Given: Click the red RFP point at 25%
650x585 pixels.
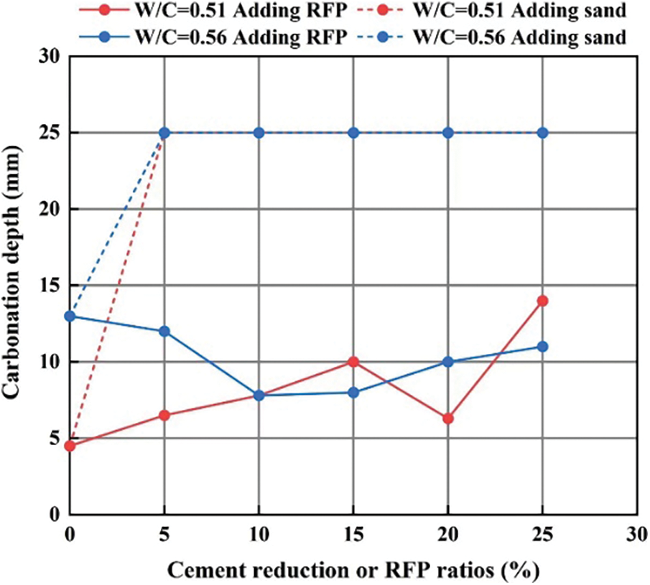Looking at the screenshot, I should pyautogui.click(x=543, y=301).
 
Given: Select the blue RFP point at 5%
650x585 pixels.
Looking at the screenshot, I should pyautogui.click(x=164, y=332).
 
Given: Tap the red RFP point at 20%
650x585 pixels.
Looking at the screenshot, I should pyautogui.click(x=448, y=418).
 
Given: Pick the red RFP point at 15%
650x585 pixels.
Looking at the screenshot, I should pyautogui.click(x=353, y=362).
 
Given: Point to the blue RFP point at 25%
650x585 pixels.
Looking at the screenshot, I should pyautogui.click(x=543, y=347).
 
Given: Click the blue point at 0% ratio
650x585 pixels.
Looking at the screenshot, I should pyautogui.click(x=70, y=316).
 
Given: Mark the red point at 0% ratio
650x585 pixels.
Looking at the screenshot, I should pyautogui.click(x=70, y=446).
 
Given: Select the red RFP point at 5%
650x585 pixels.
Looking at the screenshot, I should pyautogui.click(x=164, y=416).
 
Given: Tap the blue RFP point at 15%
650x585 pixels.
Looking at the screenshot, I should pyautogui.click(x=353, y=393).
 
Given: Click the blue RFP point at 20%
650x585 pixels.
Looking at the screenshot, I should pyautogui.click(x=448, y=362).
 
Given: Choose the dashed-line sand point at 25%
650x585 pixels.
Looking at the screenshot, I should pyautogui.click(x=543, y=133).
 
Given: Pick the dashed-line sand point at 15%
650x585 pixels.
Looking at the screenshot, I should pyautogui.click(x=353, y=133).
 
